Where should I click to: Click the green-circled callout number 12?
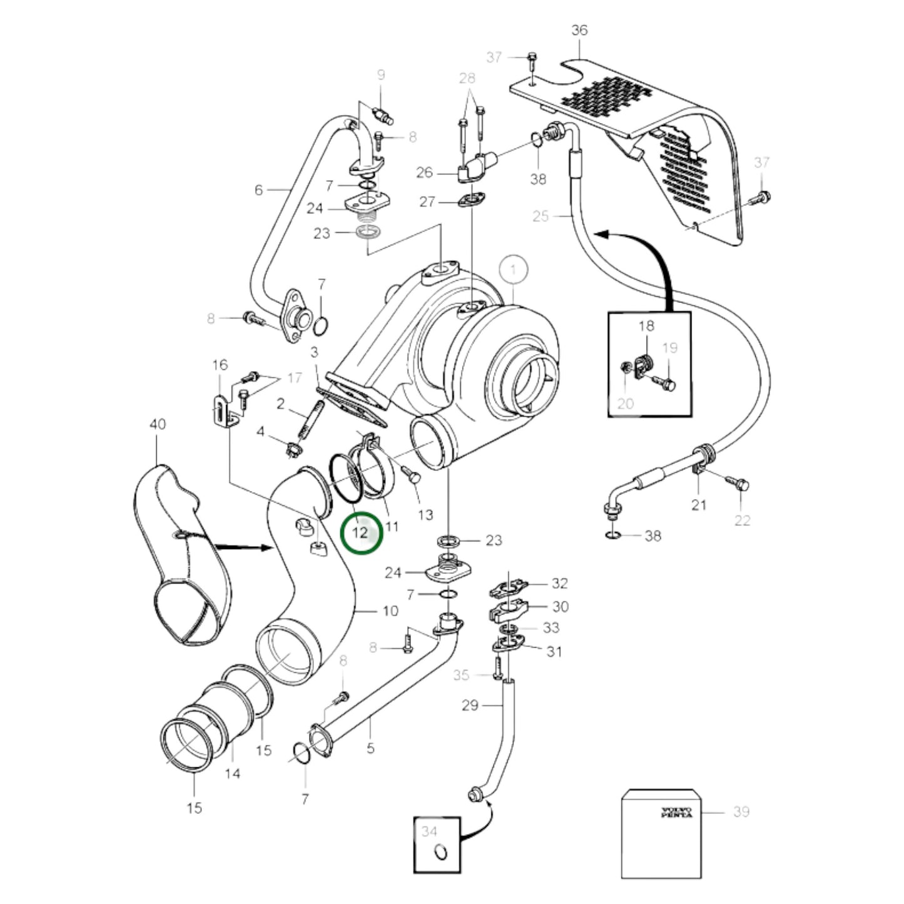point(360,533)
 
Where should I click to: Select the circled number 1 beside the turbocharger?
point(513,270)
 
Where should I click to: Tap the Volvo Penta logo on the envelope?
point(677,813)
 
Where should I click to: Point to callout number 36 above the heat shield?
point(579,30)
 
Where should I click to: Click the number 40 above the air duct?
point(158,424)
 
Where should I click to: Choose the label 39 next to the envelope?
point(741,811)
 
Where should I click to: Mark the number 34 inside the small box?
point(429,831)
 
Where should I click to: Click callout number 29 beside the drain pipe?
point(470,705)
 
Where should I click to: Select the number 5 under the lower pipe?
point(370,748)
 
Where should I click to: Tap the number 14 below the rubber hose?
point(232,774)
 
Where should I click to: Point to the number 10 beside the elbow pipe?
point(390,611)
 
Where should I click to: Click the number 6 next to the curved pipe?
point(258,190)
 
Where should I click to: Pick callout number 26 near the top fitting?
point(424,172)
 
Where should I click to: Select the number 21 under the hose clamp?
point(698,504)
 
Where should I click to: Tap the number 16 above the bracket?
point(220,365)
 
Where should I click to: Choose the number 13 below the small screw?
point(425,515)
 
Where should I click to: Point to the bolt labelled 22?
point(742,484)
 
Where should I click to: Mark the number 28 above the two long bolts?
point(467,78)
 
